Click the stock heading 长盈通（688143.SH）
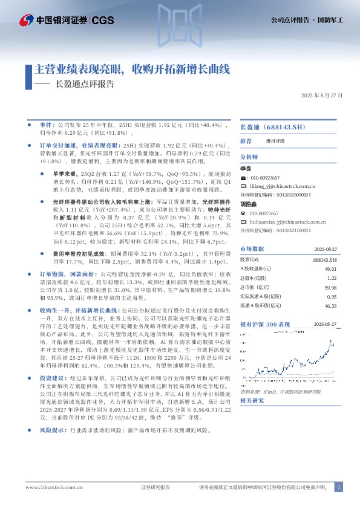[269, 128]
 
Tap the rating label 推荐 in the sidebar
[246, 140]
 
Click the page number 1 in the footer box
[339, 487]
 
